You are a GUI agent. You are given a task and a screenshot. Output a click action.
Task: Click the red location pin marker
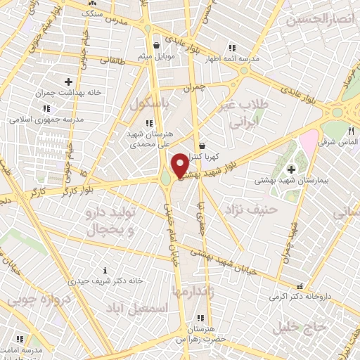(179, 165)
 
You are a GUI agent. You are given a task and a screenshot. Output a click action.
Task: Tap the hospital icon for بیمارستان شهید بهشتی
(292, 169)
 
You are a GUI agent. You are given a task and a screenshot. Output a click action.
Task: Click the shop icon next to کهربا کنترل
(202, 146)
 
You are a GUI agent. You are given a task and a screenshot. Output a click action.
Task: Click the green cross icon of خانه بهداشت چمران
(68, 82)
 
